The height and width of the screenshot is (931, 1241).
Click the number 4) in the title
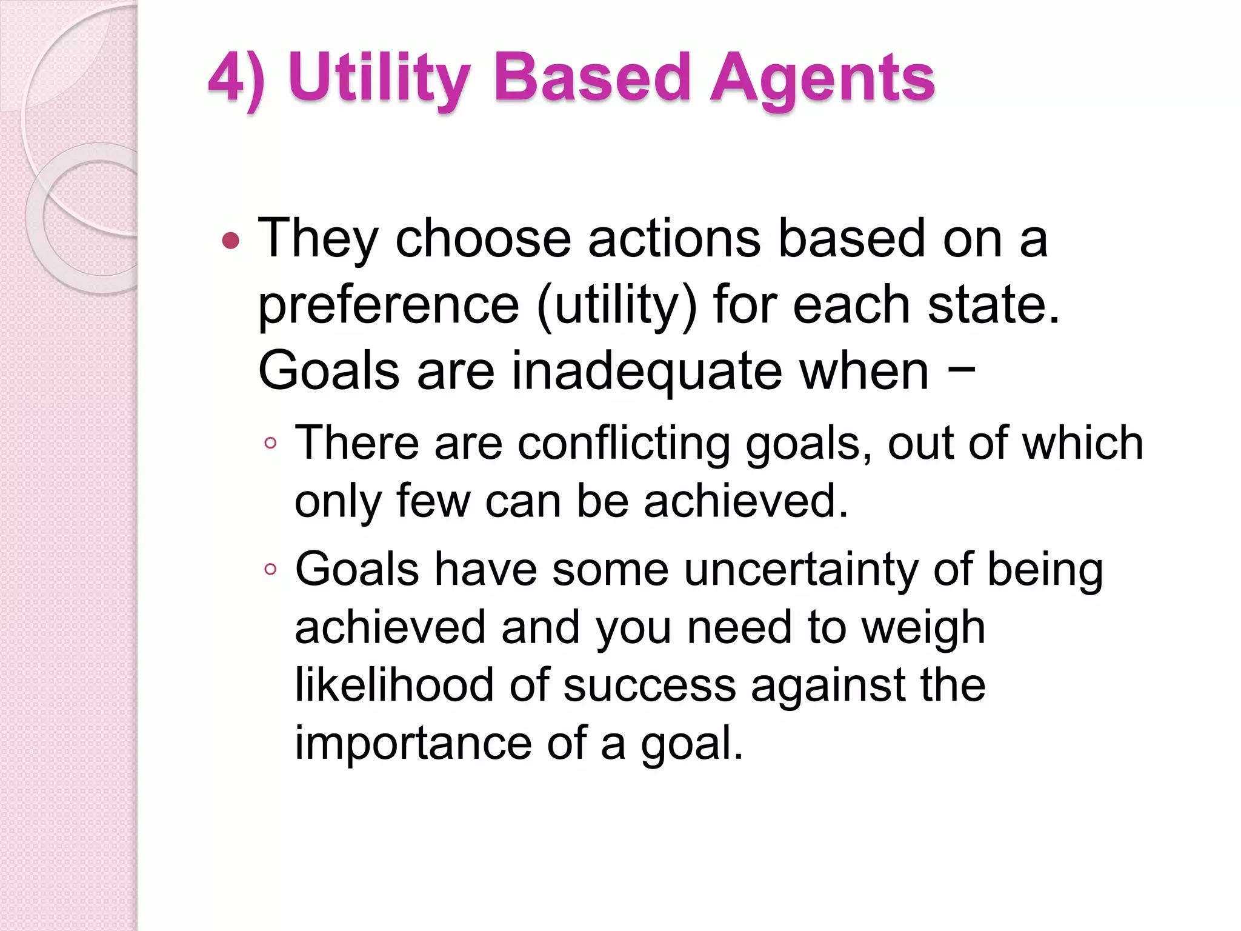click(x=236, y=79)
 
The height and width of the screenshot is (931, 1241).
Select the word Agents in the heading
click(x=822, y=79)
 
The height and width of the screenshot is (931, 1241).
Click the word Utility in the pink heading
click(x=380, y=79)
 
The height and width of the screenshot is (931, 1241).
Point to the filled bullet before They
click(x=231, y=242)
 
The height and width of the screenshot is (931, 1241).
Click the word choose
click(x=483, y=238)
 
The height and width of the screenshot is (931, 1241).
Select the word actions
click(x=674, y=238)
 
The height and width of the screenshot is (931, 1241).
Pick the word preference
click(x=388, y=305)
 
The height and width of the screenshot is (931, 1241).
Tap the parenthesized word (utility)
click(x=617, y=305)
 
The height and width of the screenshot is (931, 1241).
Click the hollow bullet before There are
click(x=270, y=444)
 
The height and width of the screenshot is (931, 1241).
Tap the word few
click(x=433, y=501)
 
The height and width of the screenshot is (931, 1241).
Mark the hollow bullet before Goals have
click(x=270, y=569)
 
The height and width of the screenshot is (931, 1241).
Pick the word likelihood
click(x=394, y=685)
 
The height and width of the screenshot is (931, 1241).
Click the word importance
click(x=413, y=743)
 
